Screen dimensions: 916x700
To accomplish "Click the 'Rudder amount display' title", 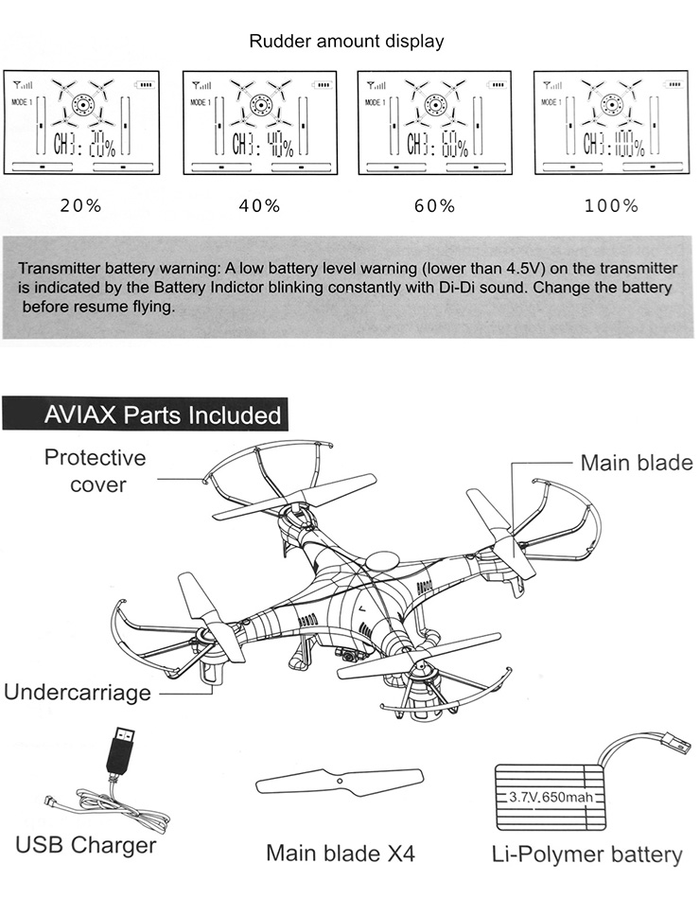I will pyautogui.click(x=346, y=42).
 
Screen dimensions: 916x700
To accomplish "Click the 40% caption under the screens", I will pyautogui.click(x=259, y=205).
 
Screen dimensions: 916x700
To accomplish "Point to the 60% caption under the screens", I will pyautogui.click(x=434, y=205).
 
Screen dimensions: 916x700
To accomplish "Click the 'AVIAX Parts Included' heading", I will pyautogui.click(x=163, y=415).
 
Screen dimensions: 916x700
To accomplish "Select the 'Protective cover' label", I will pyautogui.click(x=96, y=470).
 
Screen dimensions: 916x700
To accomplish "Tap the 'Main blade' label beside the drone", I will pyautogui.click(x=636, y=463).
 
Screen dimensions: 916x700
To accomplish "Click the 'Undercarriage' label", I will pyautogui.click(x=78, y=692).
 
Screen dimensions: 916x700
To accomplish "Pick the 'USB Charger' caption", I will pyautogui.click(x=86, y=844).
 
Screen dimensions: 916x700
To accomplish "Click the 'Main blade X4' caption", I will pyautogui.click(x=341, y=853).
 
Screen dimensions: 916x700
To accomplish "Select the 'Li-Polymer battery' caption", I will pyautogui.click(x=587, y=854).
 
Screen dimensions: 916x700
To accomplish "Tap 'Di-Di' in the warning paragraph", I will pyautogui.click(x=447, y=287).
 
